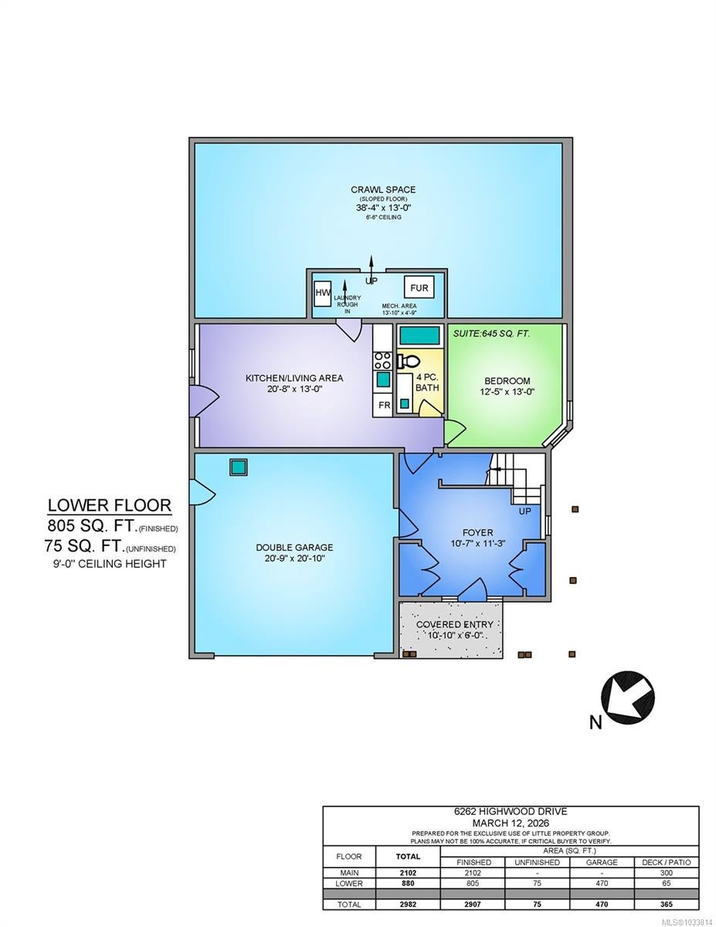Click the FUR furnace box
point(419,287)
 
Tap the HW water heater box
point(323,293)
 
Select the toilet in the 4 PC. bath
point(408,362)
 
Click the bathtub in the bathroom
point(419,336)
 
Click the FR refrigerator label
point(384,405)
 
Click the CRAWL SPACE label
point(383,190)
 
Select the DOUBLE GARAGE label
point(294,548)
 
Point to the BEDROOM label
point(507,381)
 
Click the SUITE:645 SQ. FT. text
point(491,334)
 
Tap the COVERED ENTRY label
point(455,624)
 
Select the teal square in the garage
point(239,467)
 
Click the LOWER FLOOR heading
point(109,505)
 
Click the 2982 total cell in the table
point(408,905)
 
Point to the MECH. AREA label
point(399,306)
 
